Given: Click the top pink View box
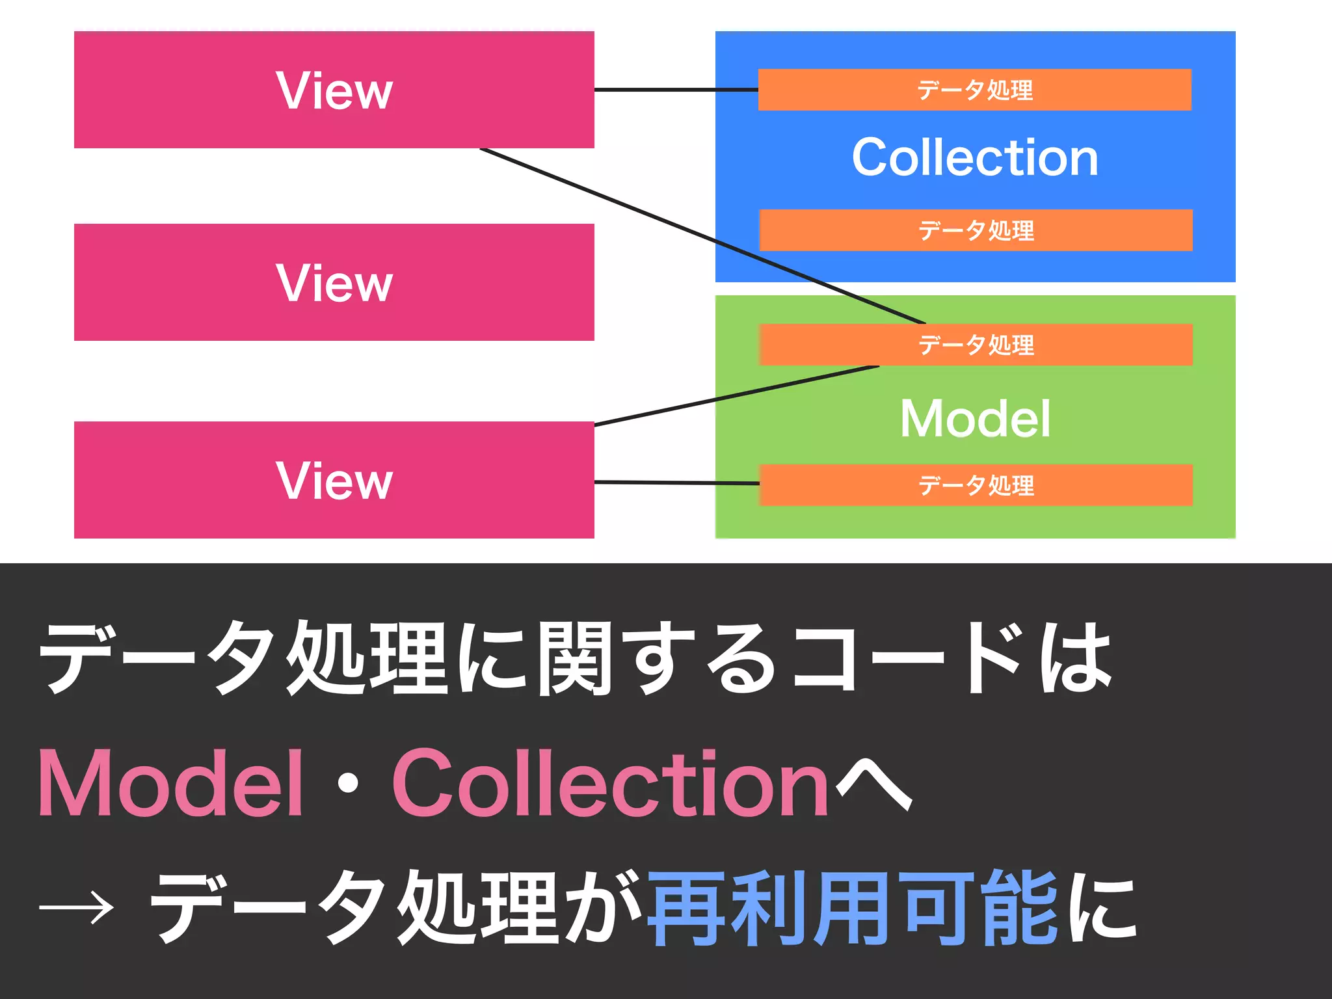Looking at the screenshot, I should pyautogui.click(x=334, y=90).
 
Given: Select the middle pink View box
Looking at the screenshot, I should pyautogui.click(x=334, y=282).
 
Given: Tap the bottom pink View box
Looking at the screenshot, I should pyautogui.click(x=334, y=480).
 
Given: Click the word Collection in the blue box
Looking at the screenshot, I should pyautogui.click(x=975, y=157).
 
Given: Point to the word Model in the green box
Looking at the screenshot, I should pyautogui.click(x=975, y=418).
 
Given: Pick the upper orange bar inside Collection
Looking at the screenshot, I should pyautogui.click(x=975, y=90).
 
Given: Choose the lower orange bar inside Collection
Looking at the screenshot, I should pyautogui.click(x=976, y=230).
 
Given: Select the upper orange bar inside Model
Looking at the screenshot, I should pyautogui.click(x=976, y=345).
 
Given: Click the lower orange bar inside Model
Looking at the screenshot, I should pyautogui.click(x=976, y=485).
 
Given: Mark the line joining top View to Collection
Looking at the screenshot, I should pyautogui.click(x=676, y=90).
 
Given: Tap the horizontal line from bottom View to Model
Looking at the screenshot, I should pyautogui.click(x=676, y=483).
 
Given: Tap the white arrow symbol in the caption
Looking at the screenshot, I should pyautogui.click(x=77, y=907).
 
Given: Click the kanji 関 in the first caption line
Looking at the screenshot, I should pyautogui.click(x=574, y=658).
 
